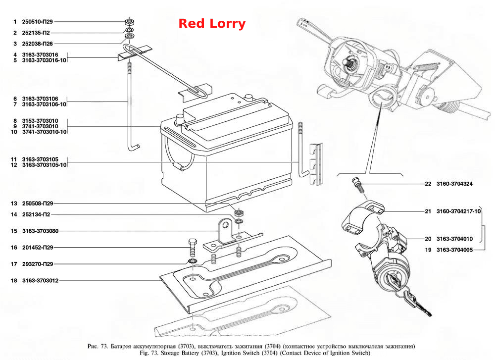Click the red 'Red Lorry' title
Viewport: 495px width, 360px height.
point(212,24)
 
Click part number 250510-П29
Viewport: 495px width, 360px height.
point(37,22)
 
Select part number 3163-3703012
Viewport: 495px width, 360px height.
point(40,280)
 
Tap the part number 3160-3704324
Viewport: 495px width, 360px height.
point(454,184)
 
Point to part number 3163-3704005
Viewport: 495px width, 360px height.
point(454,250)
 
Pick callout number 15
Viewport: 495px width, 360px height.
point(14,231)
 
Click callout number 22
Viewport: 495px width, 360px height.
point(428,184)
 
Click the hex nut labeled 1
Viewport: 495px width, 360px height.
point(129,22)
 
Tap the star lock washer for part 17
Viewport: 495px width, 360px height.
point(192,261)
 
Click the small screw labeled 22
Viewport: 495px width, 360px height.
point(357,184)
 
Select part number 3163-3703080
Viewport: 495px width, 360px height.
point(40,231)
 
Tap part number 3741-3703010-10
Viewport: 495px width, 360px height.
point(44,132)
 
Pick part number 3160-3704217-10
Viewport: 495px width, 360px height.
point(458,211)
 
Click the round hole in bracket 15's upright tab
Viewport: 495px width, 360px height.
point(225,225)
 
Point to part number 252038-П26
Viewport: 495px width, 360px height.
point(37,44)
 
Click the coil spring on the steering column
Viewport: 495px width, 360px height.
point(426,66)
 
